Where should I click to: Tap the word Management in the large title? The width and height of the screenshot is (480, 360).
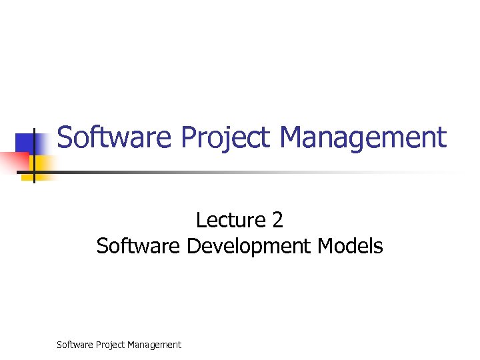coord(363,138)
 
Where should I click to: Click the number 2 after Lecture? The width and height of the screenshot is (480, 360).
coord(277,220)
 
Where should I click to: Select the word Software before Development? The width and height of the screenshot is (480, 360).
coord(138,246)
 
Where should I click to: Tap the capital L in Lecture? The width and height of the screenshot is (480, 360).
coord(200,220)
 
